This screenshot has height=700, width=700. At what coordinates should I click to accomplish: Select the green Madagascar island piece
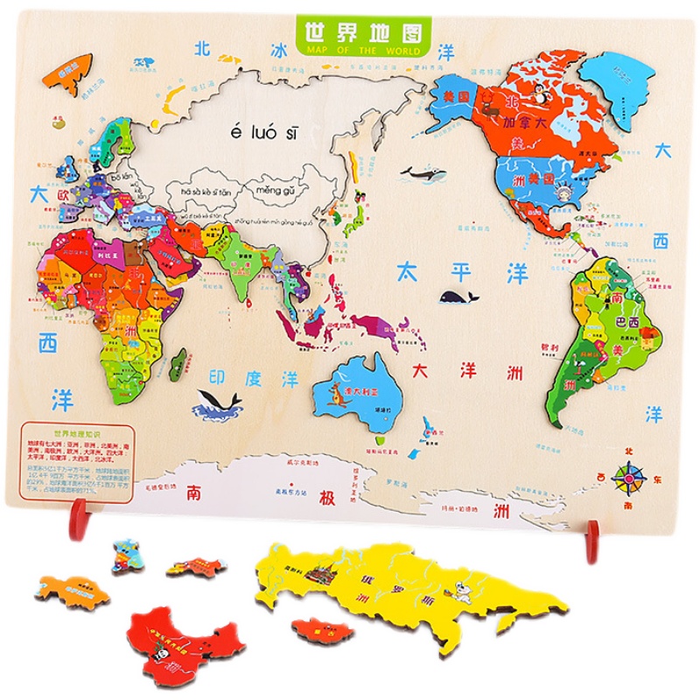coord(178,359)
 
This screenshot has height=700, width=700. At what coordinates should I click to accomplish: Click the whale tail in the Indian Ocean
coord(218,402)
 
